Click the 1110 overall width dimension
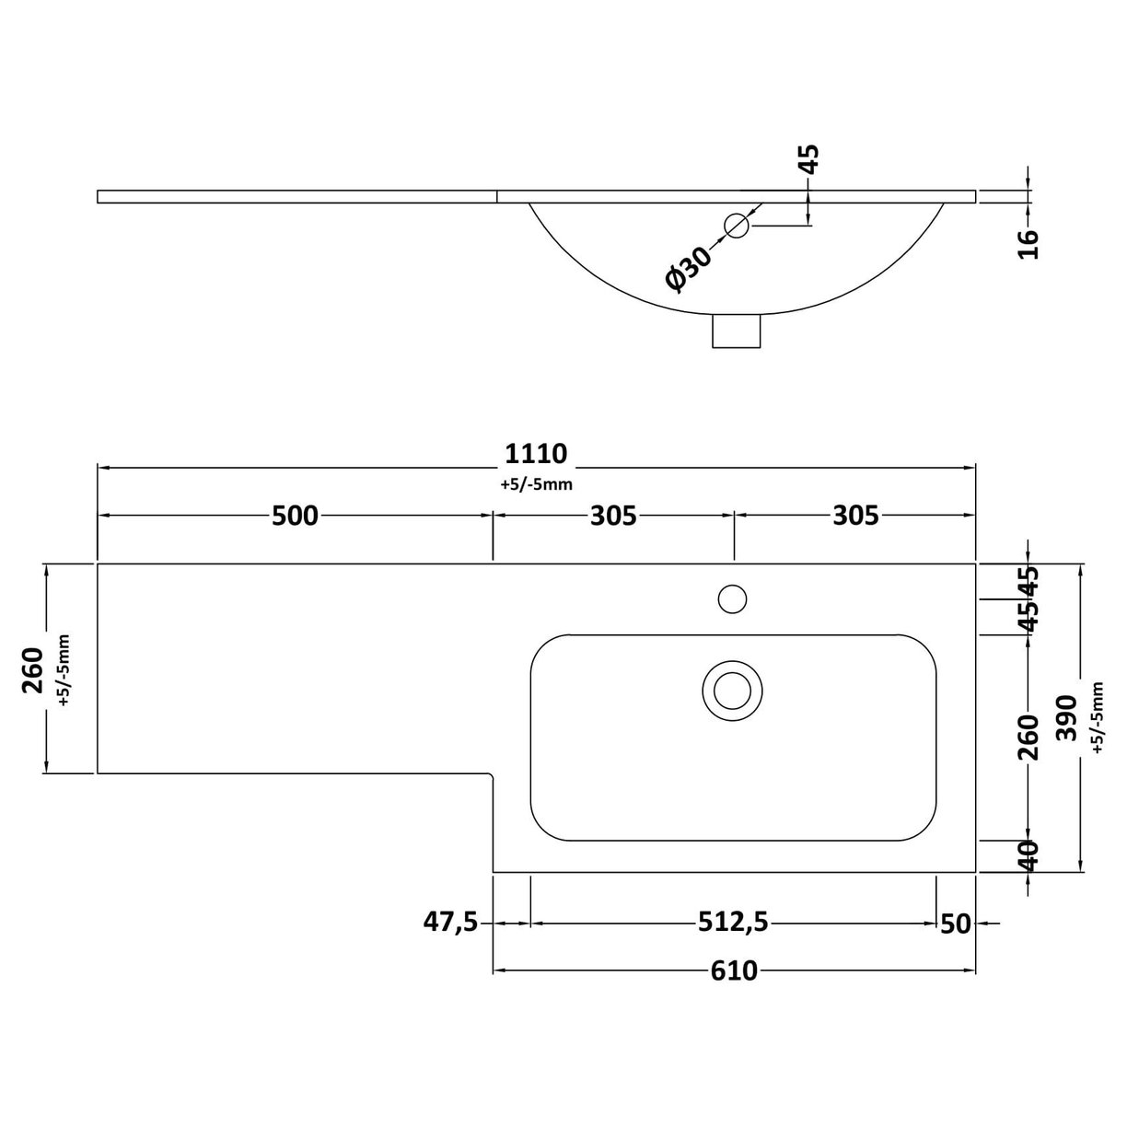pyautogui.click(x=536, y=454)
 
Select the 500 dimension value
pyautogui.click(x=295, y=516)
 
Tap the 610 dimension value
pyautogui.click(x=734, y=970)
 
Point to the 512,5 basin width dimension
pyautogui.click(x=734, y=922)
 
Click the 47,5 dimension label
pyautogui.click(x=450, y=922)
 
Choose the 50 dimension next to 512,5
pyautogui.click(x=957, y=923)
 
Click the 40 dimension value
pyautogui.click(x=1028, y=855)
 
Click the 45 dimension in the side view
pyautogui.click(x=808, y=159)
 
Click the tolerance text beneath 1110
pyautogui.click(x=536, y=485)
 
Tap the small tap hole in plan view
pyautogui.click(x=733, y=598)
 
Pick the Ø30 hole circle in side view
pyautogui.click(x=737, y=225)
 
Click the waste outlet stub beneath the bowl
pyautogui.click(x=737, y=331)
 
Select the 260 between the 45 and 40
pyautogui.click(x=1028, y=737)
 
